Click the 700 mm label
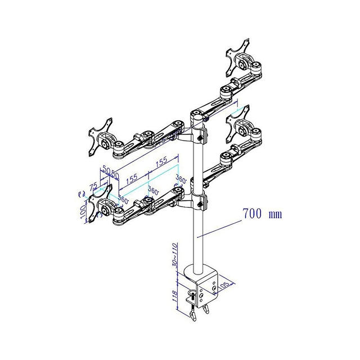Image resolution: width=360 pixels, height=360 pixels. [x=262, y=214]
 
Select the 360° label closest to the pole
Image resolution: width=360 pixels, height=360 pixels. [x=180, y=179]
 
